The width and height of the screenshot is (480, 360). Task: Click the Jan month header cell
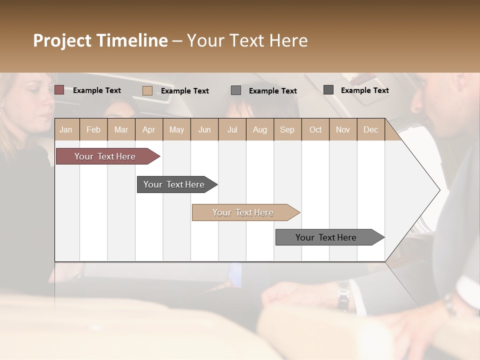point(66,129)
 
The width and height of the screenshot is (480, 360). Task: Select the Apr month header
point(148,129)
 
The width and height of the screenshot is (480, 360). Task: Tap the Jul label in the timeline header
point(232,129)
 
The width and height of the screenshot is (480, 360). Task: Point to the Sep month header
point(287,129)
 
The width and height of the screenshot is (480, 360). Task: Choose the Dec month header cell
point(370,129)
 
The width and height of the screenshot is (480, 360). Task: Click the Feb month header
point(93,129)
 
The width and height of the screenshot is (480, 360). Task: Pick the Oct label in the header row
point(315,129)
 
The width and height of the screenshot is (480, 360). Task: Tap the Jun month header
point(204,129)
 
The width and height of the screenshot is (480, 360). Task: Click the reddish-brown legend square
point(59,90)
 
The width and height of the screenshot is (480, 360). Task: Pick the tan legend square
point(147,90)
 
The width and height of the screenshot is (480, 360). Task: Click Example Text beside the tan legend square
point(185,90)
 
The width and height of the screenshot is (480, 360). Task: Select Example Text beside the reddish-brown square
point(97,90)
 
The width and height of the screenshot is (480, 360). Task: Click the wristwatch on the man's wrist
point(343,295)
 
